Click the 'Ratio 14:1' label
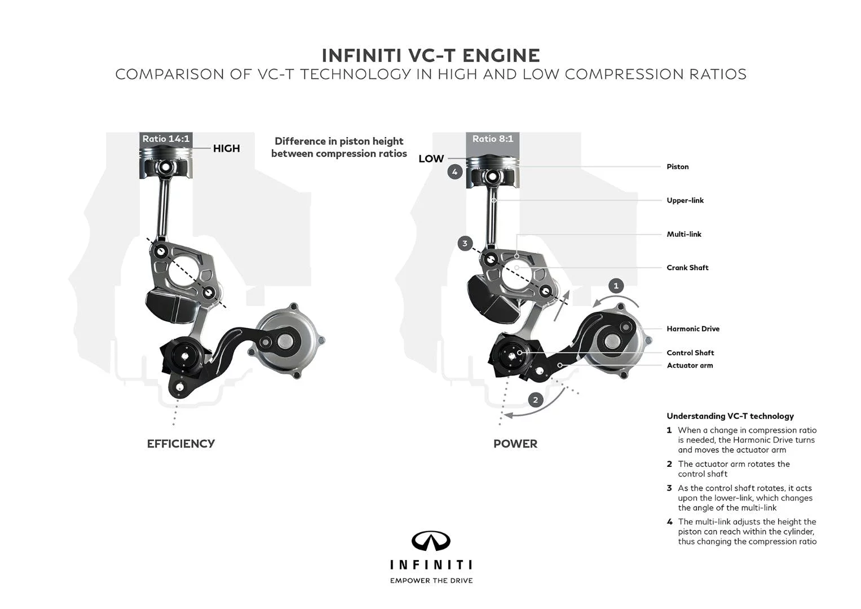pyautogui.click(x=166, y=139)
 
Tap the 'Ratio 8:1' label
pyautogui.click(x=493, y=139)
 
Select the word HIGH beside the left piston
pyautogui.click(x=226, y=148)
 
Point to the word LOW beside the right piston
pyautogui.click(x=431, y=159)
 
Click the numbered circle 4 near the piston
pyautogui.click(x=455, y=171)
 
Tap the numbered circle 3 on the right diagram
pyautogui.click(x=465, y=244)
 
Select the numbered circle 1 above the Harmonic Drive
pyautogui.click(x=616, y=286)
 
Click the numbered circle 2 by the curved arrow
pyautogui.click(x=536, y=400)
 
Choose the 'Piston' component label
pyautogui.click(x=677, y=167)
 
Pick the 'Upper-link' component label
pyautogui.click(x=685, y=201)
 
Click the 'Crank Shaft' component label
pyautogui.click(x=687, y=268)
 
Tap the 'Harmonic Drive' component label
pyautogui.click(x=693, y=329)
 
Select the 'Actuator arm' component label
pyautogui.click(x=690, y=365)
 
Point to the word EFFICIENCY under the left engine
pyautogui.click(x=180, y=444)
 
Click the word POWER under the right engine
pyautogui.click(x=515, y=444)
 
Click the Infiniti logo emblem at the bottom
pyautogui.click(x=431, y=541)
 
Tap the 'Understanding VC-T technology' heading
pyautogui.click(x=730, y=416)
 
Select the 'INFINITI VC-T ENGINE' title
pyautogui.click(x=431, y=55)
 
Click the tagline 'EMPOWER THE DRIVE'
pyautogui.click(x=431, y=580)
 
